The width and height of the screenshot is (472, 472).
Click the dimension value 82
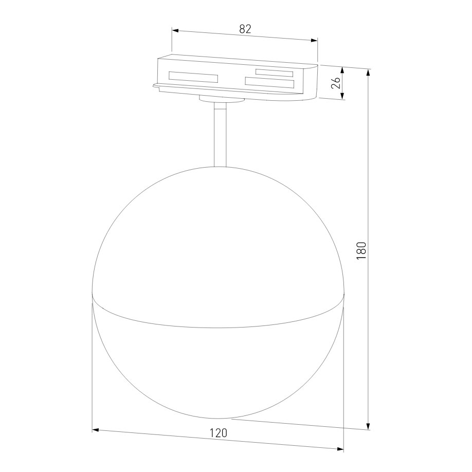tap(245, 29)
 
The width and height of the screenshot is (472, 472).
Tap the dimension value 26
tap(336, 83)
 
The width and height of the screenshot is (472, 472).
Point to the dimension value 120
tap(218, 433)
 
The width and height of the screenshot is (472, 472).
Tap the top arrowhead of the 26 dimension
tap(342, 69)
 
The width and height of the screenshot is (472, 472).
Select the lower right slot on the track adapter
tap(269, 83)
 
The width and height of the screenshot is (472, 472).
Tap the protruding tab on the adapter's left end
tap(156, 85)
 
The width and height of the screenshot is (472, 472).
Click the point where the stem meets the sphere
tap(220, 167)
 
